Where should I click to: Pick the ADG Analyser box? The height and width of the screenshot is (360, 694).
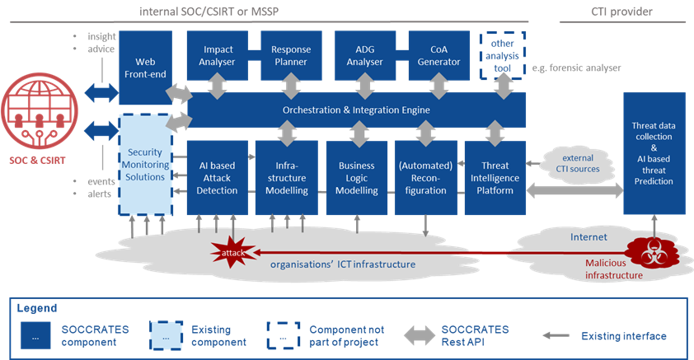[363, 55]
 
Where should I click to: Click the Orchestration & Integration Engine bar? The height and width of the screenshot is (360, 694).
[356, 110]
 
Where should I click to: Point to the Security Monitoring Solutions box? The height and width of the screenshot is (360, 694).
[144, 165]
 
